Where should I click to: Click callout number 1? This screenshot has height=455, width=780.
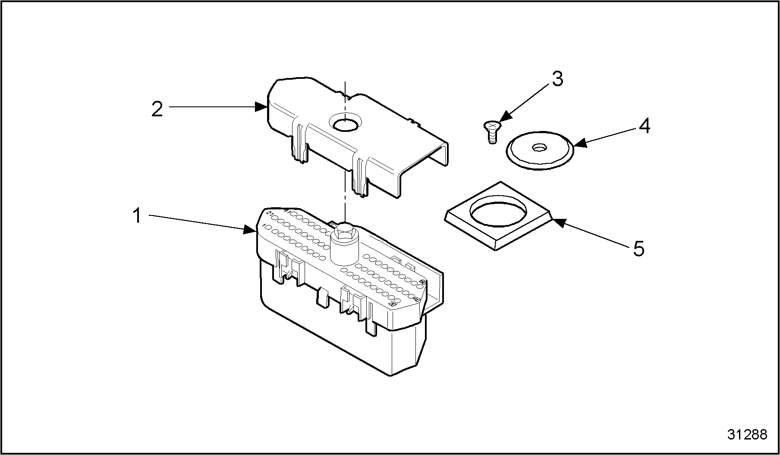(137, 216)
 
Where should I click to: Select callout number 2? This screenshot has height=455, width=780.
(157, 109)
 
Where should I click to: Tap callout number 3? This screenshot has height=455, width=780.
(557, 79)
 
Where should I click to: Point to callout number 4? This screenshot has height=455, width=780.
(644, 126)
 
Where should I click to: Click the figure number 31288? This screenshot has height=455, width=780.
(747, 434)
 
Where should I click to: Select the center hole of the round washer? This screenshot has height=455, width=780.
(538, 148)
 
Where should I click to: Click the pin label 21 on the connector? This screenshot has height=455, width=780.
(270, 214)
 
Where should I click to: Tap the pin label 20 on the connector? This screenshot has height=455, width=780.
(392, 304)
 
